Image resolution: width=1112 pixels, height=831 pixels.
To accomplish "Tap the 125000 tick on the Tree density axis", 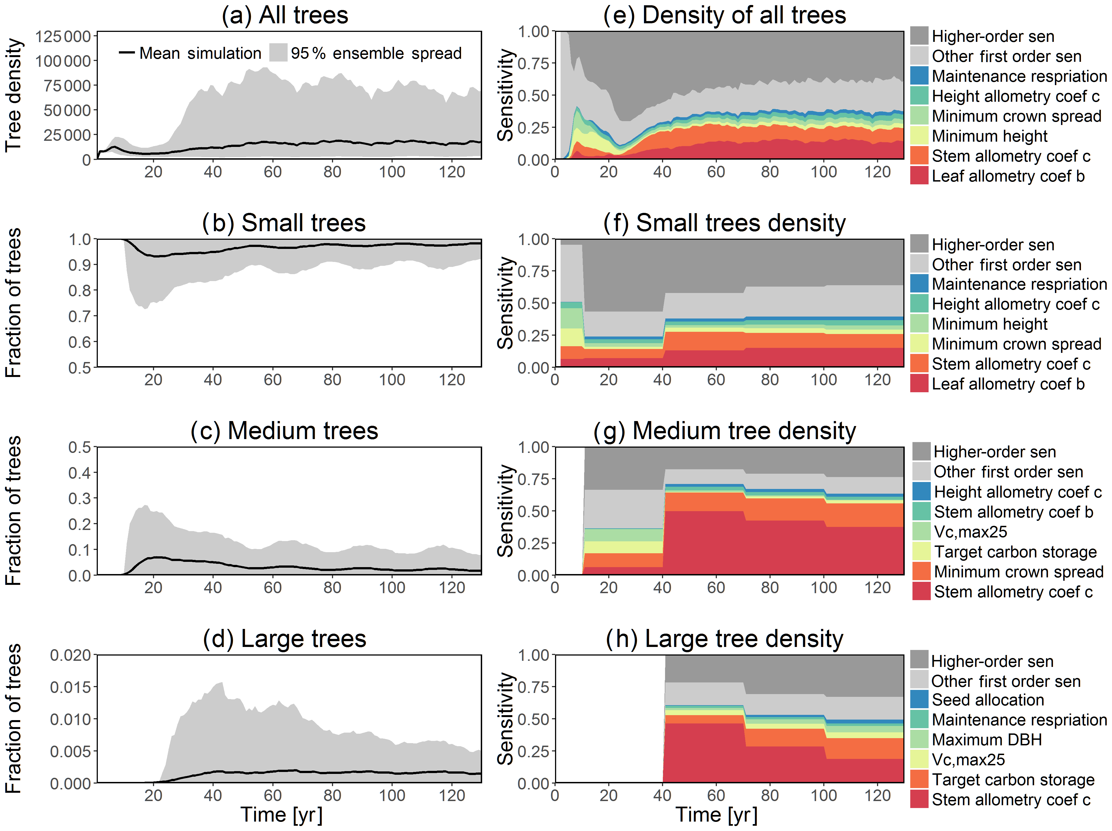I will pyautogui.click(x=63, y=36).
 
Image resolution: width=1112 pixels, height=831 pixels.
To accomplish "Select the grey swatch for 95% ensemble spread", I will pyautogui.click(x=278, y=53).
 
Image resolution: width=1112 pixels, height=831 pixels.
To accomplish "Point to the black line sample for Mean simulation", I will pyautogui.click(x=127, y=53).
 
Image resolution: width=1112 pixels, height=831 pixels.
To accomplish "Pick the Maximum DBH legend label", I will pyautogui.click(x=986, y=740).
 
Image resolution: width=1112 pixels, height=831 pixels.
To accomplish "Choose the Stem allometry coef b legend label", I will pyautogui.click(x=1013, y=512).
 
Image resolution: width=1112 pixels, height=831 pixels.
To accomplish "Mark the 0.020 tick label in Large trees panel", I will pyautogui.click(x=70, y=655).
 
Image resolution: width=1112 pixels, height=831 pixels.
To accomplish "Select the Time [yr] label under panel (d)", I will pyautogui.click(x=282, y=814).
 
